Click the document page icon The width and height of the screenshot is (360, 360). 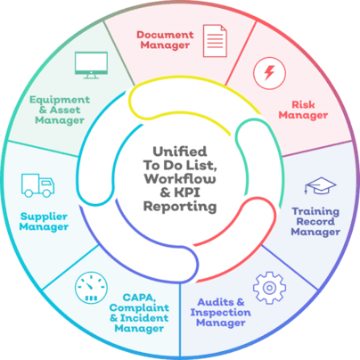(215, 41)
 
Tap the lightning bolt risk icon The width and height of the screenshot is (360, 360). (269, 73)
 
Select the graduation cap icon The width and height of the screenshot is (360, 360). (320, 185)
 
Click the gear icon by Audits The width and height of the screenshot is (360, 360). (269, 288)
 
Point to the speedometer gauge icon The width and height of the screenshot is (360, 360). (91, 288)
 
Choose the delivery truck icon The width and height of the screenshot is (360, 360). (37, 185)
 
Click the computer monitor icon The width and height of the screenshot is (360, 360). (91, 65)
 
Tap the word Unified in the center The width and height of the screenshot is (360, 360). (180, 151)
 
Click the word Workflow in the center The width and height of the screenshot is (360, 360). (180, 178)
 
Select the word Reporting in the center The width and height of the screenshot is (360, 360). (180, 207)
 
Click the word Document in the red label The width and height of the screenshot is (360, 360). (165, 35)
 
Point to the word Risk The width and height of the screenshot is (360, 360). (303, 104)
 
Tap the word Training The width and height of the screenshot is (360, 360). (315, 212)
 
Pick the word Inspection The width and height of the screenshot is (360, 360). (221, 313)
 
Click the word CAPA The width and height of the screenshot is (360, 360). (139, 298)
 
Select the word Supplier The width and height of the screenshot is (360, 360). (44, 217)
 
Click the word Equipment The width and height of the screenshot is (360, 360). (60, 100)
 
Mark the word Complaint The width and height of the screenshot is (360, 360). (139, 308)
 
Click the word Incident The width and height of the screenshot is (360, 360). (144, 318)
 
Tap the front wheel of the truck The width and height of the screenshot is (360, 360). (47, 193)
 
